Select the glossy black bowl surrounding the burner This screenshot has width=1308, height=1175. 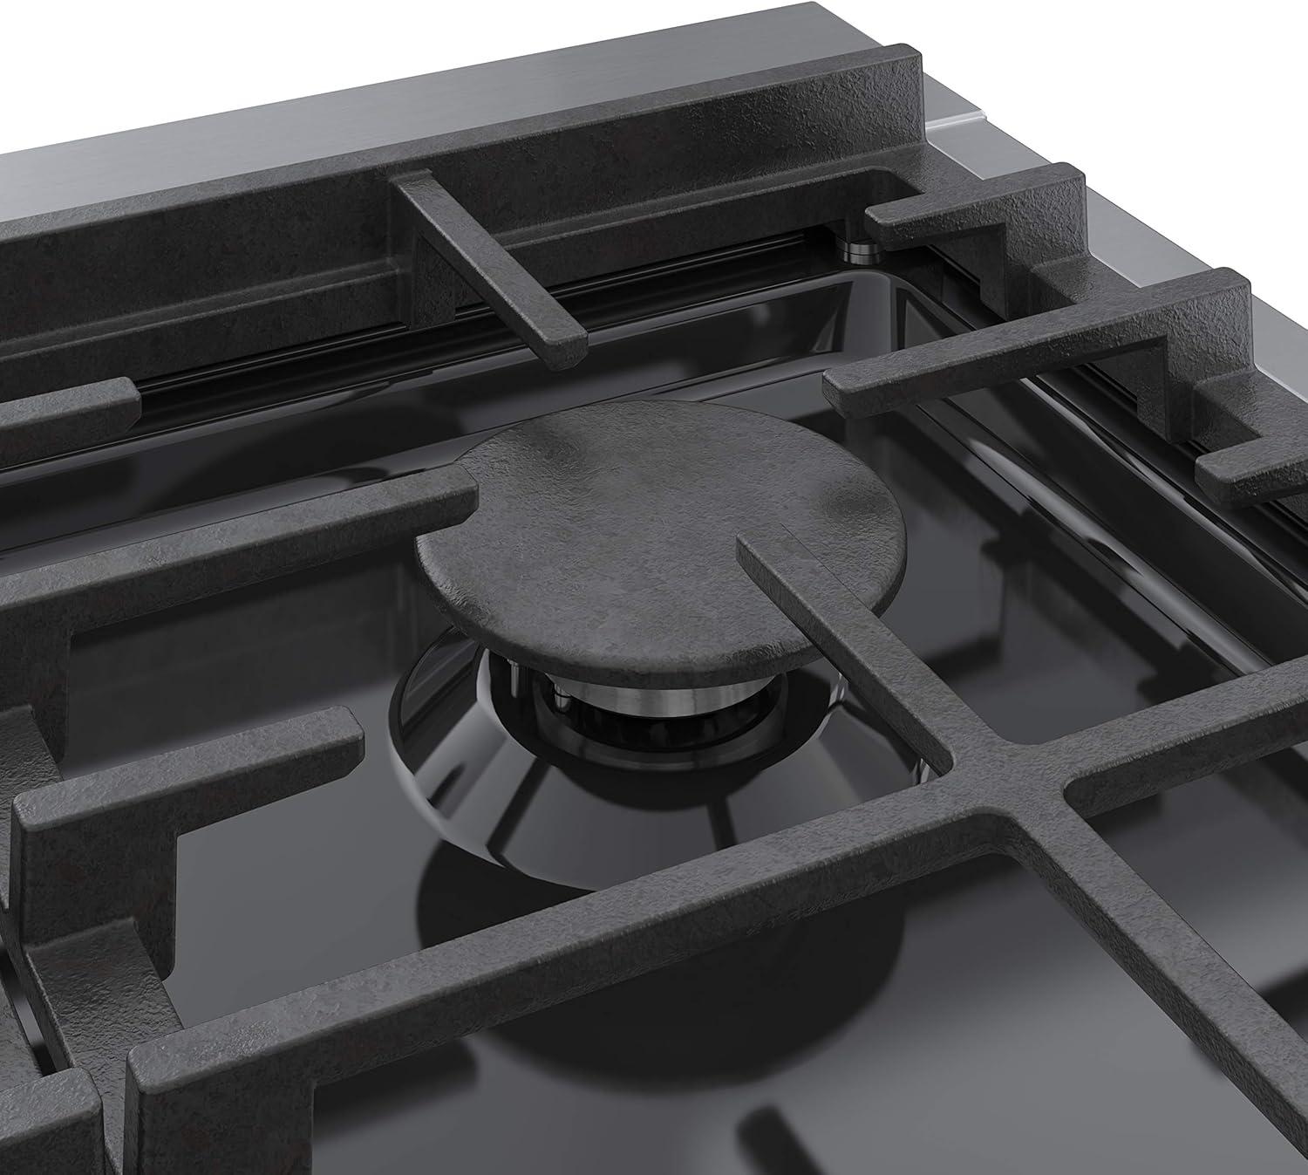(x=488, y=785)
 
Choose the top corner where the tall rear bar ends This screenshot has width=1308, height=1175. (x=907, y=70)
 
